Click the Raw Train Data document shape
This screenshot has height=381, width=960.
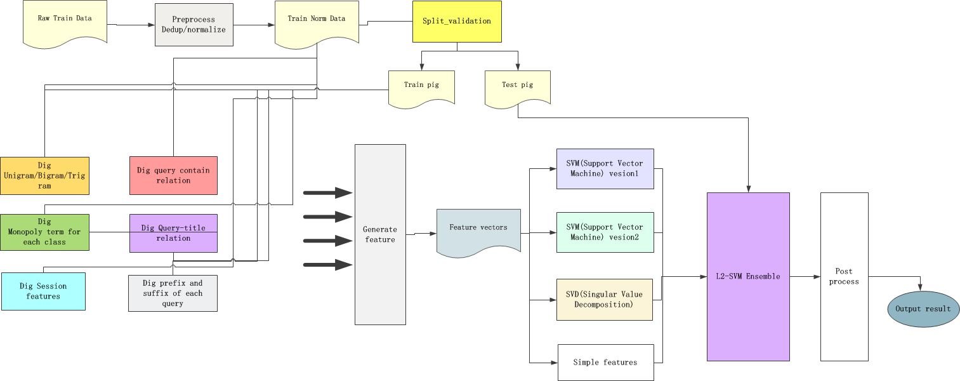coord(65,22)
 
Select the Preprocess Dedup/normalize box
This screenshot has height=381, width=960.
coord(194,24)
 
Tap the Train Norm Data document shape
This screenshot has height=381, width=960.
coord(316,23)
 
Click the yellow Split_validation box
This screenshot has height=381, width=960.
coord(456,21)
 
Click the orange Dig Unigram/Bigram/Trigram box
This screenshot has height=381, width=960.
coord(44,176)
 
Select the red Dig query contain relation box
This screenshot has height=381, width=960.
coord(173,175)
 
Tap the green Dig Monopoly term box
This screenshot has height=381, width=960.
coord(44,232)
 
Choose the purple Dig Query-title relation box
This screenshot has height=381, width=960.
coord(173,233)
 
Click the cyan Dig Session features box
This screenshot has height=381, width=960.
coord(43,291)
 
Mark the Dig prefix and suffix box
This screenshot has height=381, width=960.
coord(173,293)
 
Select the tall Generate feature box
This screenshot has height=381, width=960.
coord(380,234)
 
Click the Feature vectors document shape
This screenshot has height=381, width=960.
coord(478,231)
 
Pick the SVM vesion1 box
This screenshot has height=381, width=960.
coord(605,169)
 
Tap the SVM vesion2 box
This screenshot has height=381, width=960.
coord(605,232)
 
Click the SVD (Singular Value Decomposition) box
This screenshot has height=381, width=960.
coord(604,300)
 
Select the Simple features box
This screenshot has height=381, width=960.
coord(605,363)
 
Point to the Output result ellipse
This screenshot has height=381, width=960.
coord(923,309)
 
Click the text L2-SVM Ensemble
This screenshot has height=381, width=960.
coord(748,276)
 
